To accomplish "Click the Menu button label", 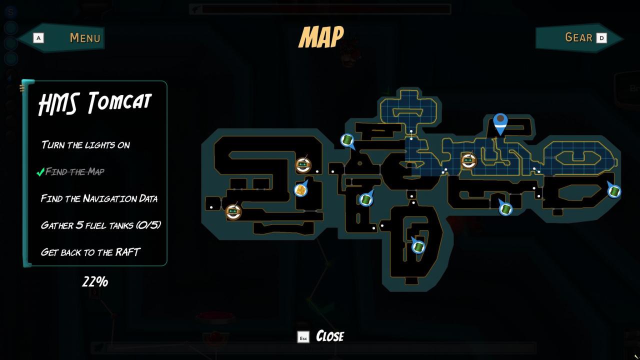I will (x=85, y=37).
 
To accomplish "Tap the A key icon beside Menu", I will (x=38, y=37).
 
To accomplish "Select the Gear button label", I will (x=578, y=37).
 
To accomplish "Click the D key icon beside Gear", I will (x=601, y=37).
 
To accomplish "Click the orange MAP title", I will (x=321, y=36).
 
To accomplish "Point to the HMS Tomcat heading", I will (x=94, y=103).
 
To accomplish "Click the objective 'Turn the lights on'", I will (x=85, y=145).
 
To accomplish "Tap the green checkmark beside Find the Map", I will (x=40, y=172).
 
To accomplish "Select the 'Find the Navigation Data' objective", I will (x=99, y=198).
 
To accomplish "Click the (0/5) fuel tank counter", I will (x=148, y=225).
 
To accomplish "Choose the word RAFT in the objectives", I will (x=128, y=252).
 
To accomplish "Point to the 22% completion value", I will (x=95, y=282).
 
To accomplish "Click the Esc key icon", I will (x=303, y=337).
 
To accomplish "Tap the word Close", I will (x=330, y=336).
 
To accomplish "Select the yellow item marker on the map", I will (x=300, y=190).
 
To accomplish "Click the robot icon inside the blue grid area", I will (x=468, y=160).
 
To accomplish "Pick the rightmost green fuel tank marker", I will (x=614, y=191).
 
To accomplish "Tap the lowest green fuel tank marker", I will (x=418, y=246).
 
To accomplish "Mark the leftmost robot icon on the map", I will (x=233, y=211).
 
